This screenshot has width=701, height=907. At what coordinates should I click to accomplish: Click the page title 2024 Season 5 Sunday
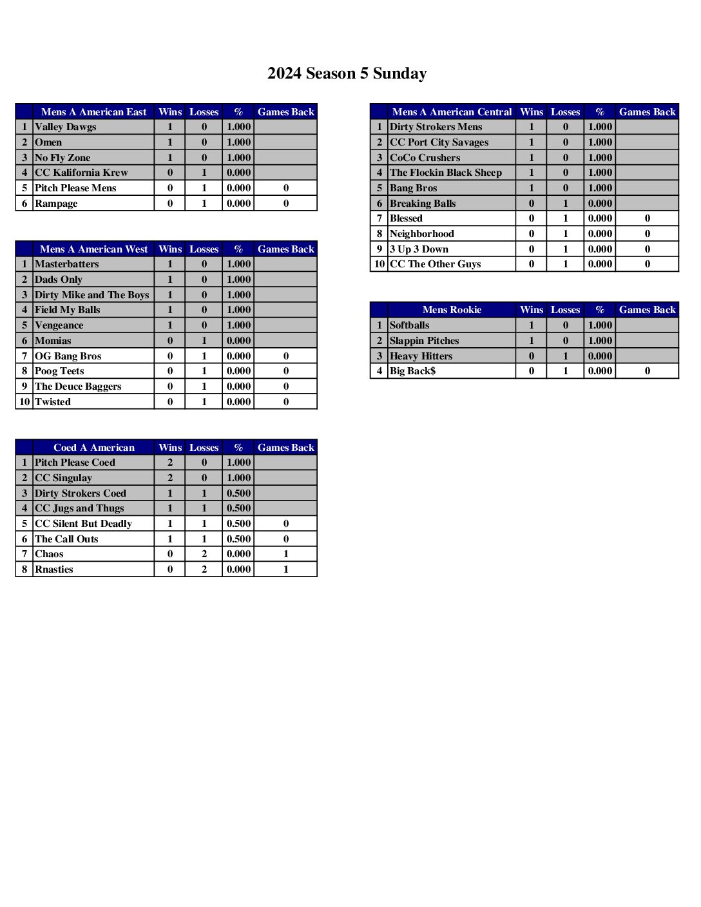(347, 73)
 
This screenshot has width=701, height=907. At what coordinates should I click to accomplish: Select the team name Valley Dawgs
(66, 127)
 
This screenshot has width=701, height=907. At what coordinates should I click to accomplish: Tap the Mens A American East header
(93, 112)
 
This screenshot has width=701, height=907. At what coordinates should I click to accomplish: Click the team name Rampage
(56, 204)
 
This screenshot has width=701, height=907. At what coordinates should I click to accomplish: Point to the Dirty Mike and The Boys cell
(91, 295)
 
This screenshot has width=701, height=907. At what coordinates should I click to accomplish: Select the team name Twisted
(53, 402)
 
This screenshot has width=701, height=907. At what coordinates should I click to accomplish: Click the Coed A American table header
(93, 448)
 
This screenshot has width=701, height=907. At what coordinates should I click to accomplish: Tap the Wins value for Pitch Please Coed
(170, 463)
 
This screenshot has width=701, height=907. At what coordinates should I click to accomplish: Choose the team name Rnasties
(54, 569)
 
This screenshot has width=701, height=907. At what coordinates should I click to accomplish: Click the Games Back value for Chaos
(286, 554)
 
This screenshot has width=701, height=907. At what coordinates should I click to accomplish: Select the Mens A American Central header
(452, 112)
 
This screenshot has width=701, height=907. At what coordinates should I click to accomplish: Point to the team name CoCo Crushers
(425, 158)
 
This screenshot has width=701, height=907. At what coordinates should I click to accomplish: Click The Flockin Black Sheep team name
(446, 173)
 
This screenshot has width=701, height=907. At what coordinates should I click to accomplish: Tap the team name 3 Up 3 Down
(419, 249)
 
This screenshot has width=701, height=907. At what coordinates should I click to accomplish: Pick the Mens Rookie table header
(452, 310)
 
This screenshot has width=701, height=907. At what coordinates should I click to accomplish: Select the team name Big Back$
(412, 371)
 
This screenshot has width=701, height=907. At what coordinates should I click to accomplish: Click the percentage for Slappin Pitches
(600, 341)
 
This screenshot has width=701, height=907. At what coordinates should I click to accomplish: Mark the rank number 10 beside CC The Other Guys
(379, 264)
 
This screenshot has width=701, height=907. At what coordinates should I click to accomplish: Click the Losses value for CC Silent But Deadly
(204, 524)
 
